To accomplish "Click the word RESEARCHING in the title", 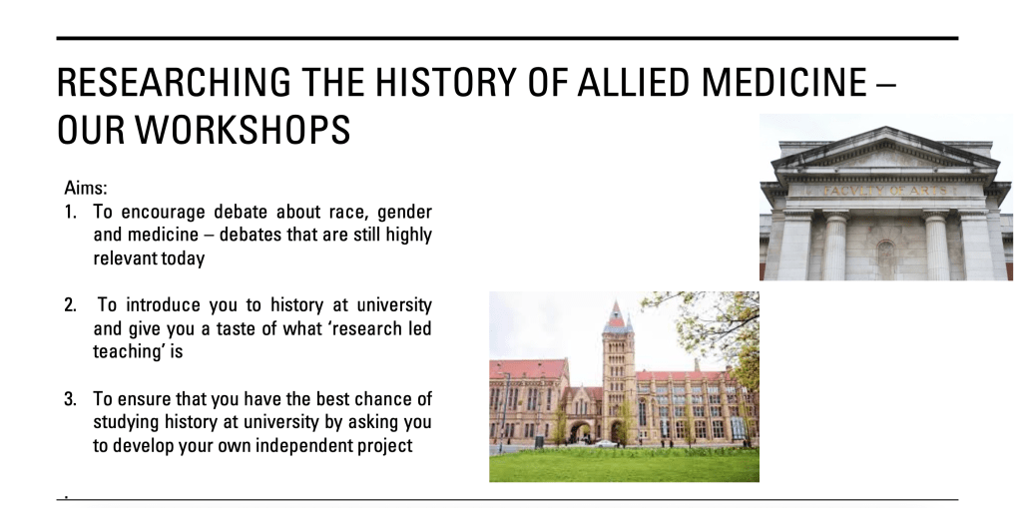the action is point(174,82).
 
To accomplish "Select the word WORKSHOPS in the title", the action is point(243,129).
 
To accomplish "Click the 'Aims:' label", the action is point(86,189).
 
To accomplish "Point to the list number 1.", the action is point(70,212).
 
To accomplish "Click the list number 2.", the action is point(70,305).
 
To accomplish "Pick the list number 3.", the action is point(70,398).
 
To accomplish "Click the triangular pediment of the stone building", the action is point(884,152).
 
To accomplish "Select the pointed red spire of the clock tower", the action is point(615,313).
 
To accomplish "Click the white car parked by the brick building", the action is point(606,443).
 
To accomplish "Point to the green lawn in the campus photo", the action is point(624,465).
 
